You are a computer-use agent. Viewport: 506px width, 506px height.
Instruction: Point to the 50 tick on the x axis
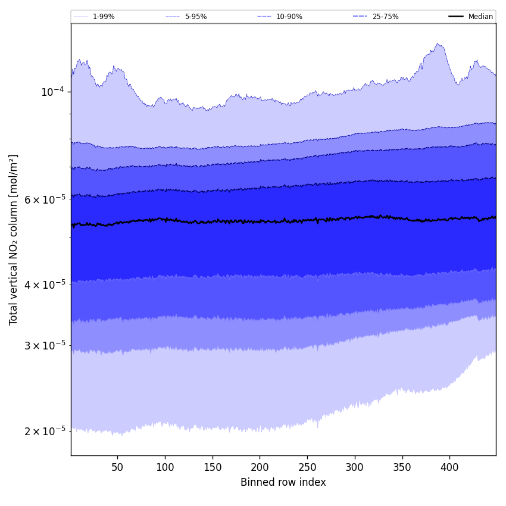click(x=117, y=467)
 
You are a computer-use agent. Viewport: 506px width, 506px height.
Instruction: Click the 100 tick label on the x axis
click(x=165, y=467)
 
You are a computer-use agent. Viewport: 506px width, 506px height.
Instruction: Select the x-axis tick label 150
click(x=213, y=467)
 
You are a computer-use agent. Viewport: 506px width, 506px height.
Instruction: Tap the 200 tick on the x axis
click(x=260, y=467)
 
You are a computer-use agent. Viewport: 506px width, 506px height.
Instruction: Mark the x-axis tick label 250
click(x=307, y=467)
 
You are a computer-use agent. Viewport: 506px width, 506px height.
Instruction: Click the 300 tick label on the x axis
click(x=355, y=467)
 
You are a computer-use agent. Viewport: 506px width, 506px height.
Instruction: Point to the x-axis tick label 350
click(x=402, y=467)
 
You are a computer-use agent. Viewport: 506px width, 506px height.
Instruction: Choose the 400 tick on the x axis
click(x=449, y=467)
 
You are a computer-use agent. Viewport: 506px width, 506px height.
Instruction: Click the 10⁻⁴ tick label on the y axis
click(x=52, y=92)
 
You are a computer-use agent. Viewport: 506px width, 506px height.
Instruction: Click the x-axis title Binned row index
click(x=283, y=482)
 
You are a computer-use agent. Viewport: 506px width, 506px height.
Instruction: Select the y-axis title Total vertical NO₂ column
click(x=14, y=239)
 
